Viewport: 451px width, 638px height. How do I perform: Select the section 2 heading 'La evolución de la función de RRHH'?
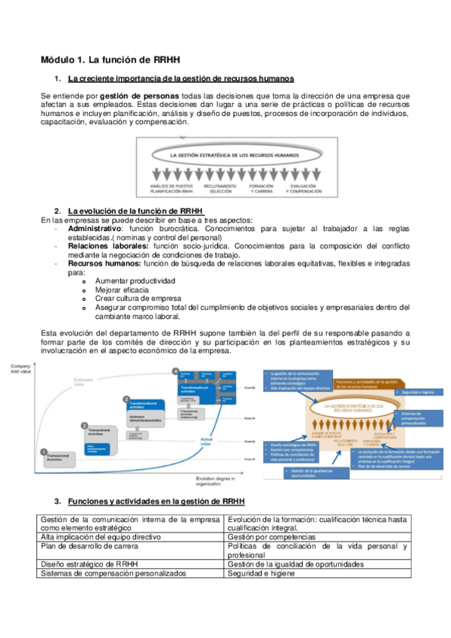coord(135,210)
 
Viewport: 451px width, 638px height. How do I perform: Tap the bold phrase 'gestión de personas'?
coord(140,96)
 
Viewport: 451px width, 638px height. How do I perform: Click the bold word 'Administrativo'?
coord(94,228)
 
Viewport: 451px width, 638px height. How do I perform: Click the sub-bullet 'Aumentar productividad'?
coord(135,281)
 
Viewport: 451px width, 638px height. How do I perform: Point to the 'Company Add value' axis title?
coord(20,369)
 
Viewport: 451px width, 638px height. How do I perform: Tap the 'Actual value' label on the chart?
coord(209,442)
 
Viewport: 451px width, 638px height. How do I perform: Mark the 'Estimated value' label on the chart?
coord(83,382)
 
